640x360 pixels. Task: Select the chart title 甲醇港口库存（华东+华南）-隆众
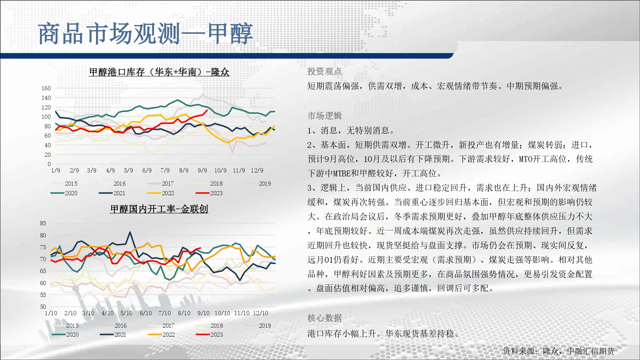tap(159, 72)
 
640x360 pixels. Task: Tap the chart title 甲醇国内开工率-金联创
tap(159, 209)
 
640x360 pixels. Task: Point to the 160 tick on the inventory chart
tap(46, 88)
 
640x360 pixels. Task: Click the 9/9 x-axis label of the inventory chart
tap(202, 171)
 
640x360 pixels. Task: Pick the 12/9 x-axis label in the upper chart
tap(257, 171)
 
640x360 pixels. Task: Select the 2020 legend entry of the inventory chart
tap(64, 193)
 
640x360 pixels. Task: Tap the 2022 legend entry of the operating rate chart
tap(161, 334)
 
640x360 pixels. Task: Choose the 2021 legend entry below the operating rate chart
tap(113, 334)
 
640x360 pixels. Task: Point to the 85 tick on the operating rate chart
tap(43, 223)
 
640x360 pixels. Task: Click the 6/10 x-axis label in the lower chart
tap(146, 313)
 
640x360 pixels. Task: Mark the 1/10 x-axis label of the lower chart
tap(51, 313)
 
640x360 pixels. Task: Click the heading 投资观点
tap(324, 71)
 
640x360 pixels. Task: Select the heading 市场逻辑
tap(324, 116)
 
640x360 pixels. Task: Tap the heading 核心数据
tap(324, 318)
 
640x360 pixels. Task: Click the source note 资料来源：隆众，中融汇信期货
tap(558, 351)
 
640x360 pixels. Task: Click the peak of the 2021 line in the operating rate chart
tap(130, 232)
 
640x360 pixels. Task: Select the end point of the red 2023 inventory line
tap(207, 110)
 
